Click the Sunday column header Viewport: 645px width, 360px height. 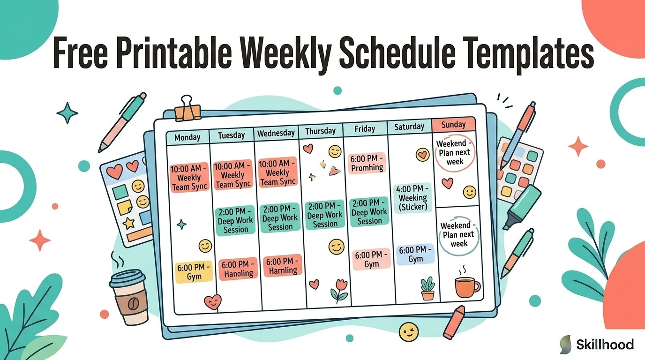coord(453,125)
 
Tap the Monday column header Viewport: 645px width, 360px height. coord(187,137)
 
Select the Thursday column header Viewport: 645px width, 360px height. coord(321,131)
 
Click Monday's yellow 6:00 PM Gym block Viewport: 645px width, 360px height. coord(194,272)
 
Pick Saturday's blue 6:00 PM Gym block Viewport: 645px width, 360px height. coord(415,254)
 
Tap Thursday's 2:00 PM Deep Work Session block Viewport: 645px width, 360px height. coord(325,215)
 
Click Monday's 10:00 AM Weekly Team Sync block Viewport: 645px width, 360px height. coord(189,177)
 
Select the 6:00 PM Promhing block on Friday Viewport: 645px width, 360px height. coord(367,163)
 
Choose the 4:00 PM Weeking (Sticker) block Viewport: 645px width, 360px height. coord(412,198)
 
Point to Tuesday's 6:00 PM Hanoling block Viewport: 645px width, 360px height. coord(238,269)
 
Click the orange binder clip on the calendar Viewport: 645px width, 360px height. coord(187,109)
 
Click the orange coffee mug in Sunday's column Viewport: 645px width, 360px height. coord(467,287)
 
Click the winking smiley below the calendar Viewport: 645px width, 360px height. coord(409,332)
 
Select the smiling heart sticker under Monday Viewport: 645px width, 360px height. coord(213,302)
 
